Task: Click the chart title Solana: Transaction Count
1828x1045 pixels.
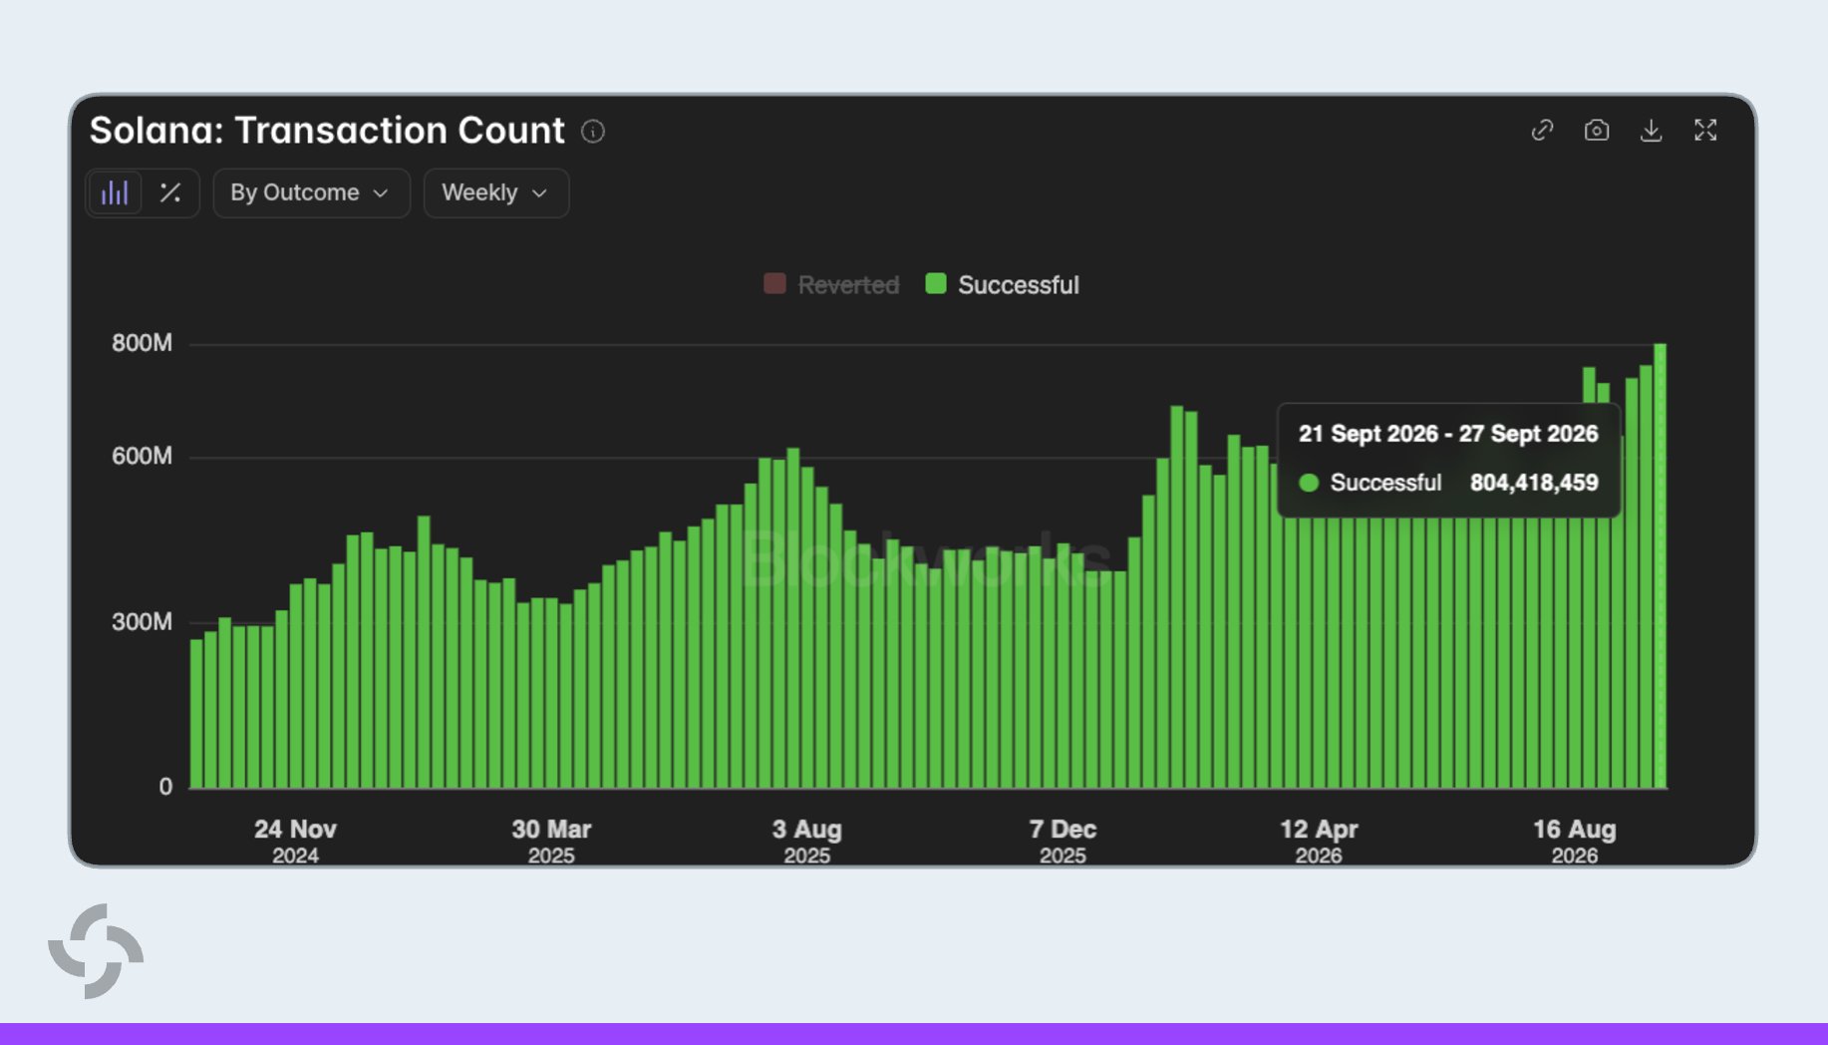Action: point(327,131)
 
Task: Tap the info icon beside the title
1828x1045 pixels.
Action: point(593,132)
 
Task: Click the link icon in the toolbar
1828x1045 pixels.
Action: point(1542,131)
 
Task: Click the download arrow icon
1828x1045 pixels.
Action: point(1651,131)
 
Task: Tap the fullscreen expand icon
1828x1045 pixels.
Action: point(1705,131)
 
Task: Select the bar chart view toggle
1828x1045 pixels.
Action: point(115,192)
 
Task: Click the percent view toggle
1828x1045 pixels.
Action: point(170,192)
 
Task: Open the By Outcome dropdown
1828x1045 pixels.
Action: point(311,192)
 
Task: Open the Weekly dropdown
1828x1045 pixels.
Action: point(496,192)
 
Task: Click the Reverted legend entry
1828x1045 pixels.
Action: point(831,285)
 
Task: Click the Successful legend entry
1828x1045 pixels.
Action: point(1003,285)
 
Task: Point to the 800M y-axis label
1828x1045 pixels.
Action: point(142,343)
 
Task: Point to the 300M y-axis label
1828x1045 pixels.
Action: point(142,622)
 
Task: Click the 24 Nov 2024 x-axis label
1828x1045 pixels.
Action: point(295,842)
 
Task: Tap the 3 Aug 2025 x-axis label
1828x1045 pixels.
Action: point(807,842)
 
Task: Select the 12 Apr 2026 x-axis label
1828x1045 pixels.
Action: point(1319,842)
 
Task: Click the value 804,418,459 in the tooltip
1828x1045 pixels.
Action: point(1534,483)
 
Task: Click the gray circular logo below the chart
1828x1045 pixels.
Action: point(96,951)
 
